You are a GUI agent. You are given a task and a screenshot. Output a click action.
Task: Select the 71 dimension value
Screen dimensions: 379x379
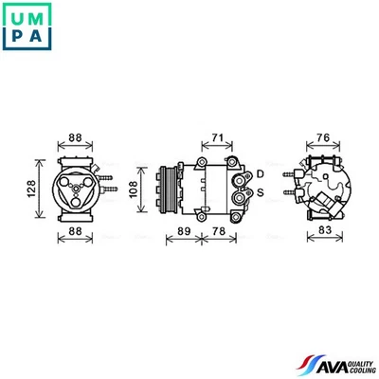click(217, 139)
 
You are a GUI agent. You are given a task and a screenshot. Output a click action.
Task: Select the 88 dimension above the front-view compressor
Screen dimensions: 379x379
click(75, 139)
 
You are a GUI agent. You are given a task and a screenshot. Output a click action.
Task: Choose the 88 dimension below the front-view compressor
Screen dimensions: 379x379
click(75, 230)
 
